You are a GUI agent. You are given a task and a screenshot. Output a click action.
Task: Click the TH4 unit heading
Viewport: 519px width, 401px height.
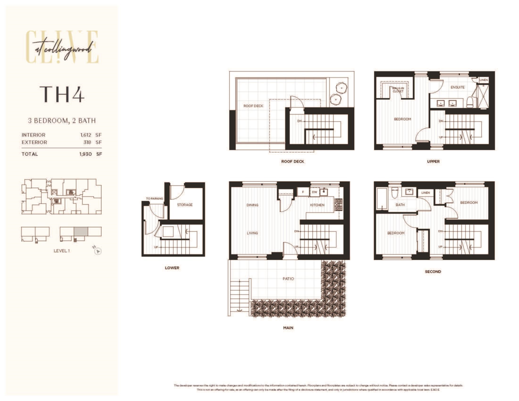61,94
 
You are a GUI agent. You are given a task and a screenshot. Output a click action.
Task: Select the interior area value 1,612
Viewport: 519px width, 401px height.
81,135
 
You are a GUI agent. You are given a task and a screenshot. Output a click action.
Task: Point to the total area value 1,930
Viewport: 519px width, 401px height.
81,154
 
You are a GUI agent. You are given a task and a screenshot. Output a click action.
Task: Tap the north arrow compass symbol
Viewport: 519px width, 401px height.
98,250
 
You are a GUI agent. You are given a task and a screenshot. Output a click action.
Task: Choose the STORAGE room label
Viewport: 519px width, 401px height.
185,205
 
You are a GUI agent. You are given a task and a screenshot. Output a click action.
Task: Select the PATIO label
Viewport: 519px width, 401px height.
288,279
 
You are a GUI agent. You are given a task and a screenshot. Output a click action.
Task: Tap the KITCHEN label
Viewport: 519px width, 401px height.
317,205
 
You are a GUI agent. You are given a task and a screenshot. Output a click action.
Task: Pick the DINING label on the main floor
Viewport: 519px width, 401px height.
252,205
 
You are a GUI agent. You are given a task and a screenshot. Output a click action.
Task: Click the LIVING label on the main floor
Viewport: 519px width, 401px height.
252,233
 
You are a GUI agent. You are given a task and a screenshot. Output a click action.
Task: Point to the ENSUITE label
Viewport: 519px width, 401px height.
457,87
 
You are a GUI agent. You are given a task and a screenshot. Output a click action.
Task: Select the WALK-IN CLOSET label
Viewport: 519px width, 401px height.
398,90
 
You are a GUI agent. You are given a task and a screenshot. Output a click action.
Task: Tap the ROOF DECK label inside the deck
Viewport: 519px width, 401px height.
253,106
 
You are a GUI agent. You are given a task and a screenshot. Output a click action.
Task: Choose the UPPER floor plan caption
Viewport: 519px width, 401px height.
433,162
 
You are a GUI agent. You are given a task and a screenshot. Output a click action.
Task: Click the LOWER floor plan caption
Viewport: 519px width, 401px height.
172,268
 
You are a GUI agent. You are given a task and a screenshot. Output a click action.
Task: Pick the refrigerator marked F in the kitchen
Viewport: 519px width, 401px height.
303,192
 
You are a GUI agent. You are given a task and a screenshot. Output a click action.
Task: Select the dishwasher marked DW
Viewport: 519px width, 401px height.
314,192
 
